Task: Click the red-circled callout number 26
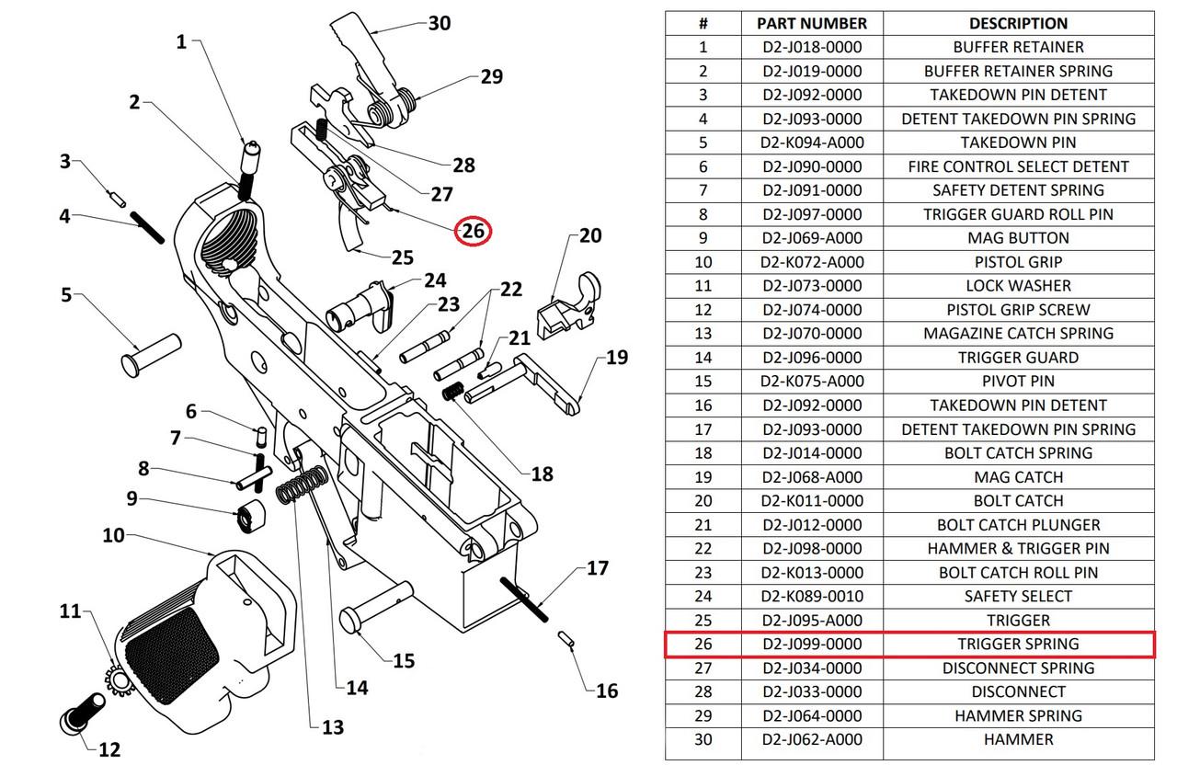[x=474, y=232]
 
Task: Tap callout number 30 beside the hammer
[x=440, y=22]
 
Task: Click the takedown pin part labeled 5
[x=151, y=352]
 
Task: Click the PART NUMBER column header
[x=812, y=23]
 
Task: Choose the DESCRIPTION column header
[x=1018, y=23]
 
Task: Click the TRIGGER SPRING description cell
[x=1018, y=644]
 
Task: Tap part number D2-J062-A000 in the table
[x=812, y=739]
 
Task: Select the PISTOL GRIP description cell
[x=1018, y=262]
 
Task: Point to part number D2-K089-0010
[x=812, y=596]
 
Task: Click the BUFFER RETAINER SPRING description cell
[x=1018, y=71]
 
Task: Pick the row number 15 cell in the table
[x=703, y=382]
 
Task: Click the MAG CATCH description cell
[x=1018, y=476]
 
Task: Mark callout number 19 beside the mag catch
[x=617, y=358]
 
